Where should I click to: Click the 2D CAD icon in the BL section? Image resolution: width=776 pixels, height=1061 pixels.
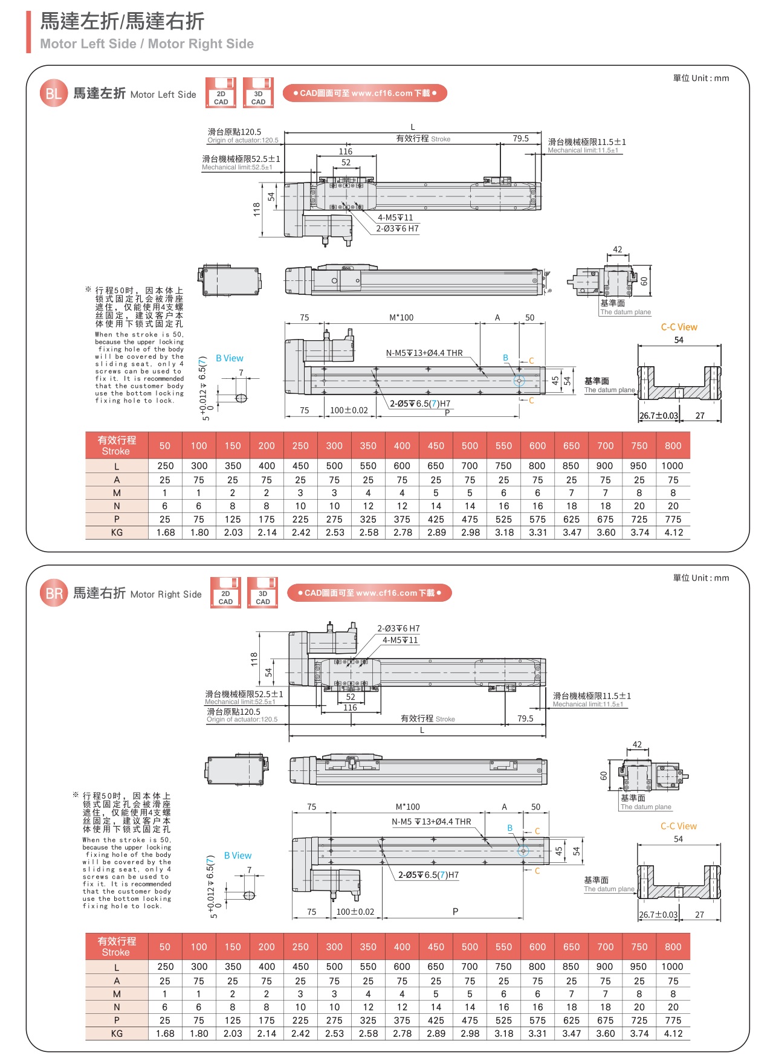coord(221,92)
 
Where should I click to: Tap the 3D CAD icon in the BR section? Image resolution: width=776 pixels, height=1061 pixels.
coord(263,593)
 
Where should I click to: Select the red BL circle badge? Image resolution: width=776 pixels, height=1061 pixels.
coord(54,94)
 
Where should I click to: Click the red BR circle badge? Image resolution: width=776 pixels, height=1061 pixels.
coord(54,593)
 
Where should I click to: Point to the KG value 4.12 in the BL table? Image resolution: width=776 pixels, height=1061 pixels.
coord(673,533)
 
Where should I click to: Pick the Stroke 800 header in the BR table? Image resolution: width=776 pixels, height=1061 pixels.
coord(673,947)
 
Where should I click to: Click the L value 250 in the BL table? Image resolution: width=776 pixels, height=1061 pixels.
coord(165,466)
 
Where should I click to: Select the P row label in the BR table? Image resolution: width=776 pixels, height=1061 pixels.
coord(117,1021)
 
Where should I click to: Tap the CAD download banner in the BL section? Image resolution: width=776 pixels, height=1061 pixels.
coord(365,93)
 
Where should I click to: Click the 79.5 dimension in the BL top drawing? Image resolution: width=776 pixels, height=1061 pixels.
coord(520,138)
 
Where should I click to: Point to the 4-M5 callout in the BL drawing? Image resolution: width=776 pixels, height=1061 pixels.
coord(395,218)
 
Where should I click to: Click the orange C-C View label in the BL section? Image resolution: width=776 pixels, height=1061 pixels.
coord(679,327)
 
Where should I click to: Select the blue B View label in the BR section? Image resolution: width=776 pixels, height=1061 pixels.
coord(238,856)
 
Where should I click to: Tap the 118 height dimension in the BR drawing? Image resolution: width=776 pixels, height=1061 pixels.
coord(254,659)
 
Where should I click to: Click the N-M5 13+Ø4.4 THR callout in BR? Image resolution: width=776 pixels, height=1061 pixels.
coord(431,822)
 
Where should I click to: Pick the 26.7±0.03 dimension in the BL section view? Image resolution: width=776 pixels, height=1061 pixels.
coord(659,416)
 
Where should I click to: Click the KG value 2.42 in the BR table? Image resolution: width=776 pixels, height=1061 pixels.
coord(300,1034)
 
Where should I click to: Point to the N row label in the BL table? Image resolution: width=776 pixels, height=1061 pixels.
coord(117,506)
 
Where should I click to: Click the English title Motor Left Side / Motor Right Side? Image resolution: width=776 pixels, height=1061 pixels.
coord(147,44)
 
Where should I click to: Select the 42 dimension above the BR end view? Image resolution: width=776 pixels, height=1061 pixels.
coord(637,744)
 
